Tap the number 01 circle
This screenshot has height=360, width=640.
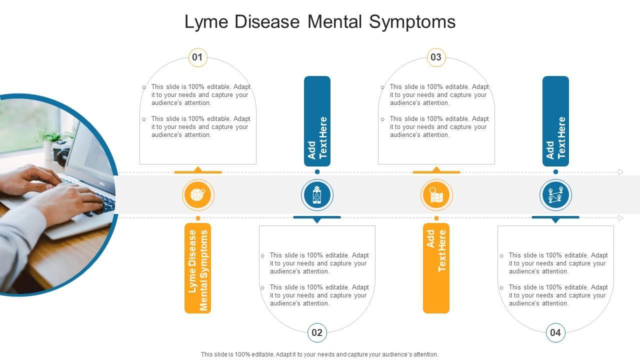coord(198,57)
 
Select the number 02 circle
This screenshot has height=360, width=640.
coord(317,332)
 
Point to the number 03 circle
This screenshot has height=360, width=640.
coord(436,57)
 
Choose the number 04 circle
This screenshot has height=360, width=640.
coord(555,332)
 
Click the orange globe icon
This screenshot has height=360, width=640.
coord(198,195)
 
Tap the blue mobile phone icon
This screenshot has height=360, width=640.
coord(317,195)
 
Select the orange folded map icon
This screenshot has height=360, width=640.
coord(436,195)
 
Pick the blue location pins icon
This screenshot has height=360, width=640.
coord(555,195)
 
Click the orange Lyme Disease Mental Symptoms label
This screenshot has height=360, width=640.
coord(198,268)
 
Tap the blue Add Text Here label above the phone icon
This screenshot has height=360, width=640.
coord(317,121)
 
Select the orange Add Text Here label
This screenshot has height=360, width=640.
coord(436,268)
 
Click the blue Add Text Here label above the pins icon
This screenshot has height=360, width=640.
coord(555,121)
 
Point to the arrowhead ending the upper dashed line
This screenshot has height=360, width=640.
coord(621,172)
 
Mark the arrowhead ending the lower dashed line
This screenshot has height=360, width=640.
coord(621,218)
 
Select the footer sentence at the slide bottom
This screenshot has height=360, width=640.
coord(319,354)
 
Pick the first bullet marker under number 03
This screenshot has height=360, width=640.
coord(382,87)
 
